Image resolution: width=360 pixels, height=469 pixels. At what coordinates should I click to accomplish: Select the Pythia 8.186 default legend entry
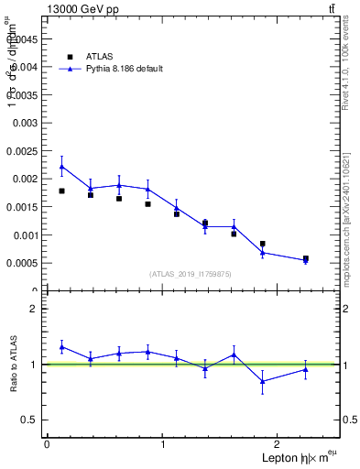pyautogui.click(x=116, y=69)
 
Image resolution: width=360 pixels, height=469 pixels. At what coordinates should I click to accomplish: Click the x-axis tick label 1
pyautogui.click(x=163, y=444)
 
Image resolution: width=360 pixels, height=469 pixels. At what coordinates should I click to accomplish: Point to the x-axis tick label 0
pyautogui.click(x=47, y=444)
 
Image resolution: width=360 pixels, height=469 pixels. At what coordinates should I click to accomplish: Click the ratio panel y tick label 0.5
pyautogui.click(x=30, y=420)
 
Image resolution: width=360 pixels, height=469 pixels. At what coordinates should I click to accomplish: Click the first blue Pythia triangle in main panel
pyautogui.click(x=61, y=167)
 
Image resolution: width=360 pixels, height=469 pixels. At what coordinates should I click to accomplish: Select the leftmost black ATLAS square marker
pyautogui.click(x=61, y=191)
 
